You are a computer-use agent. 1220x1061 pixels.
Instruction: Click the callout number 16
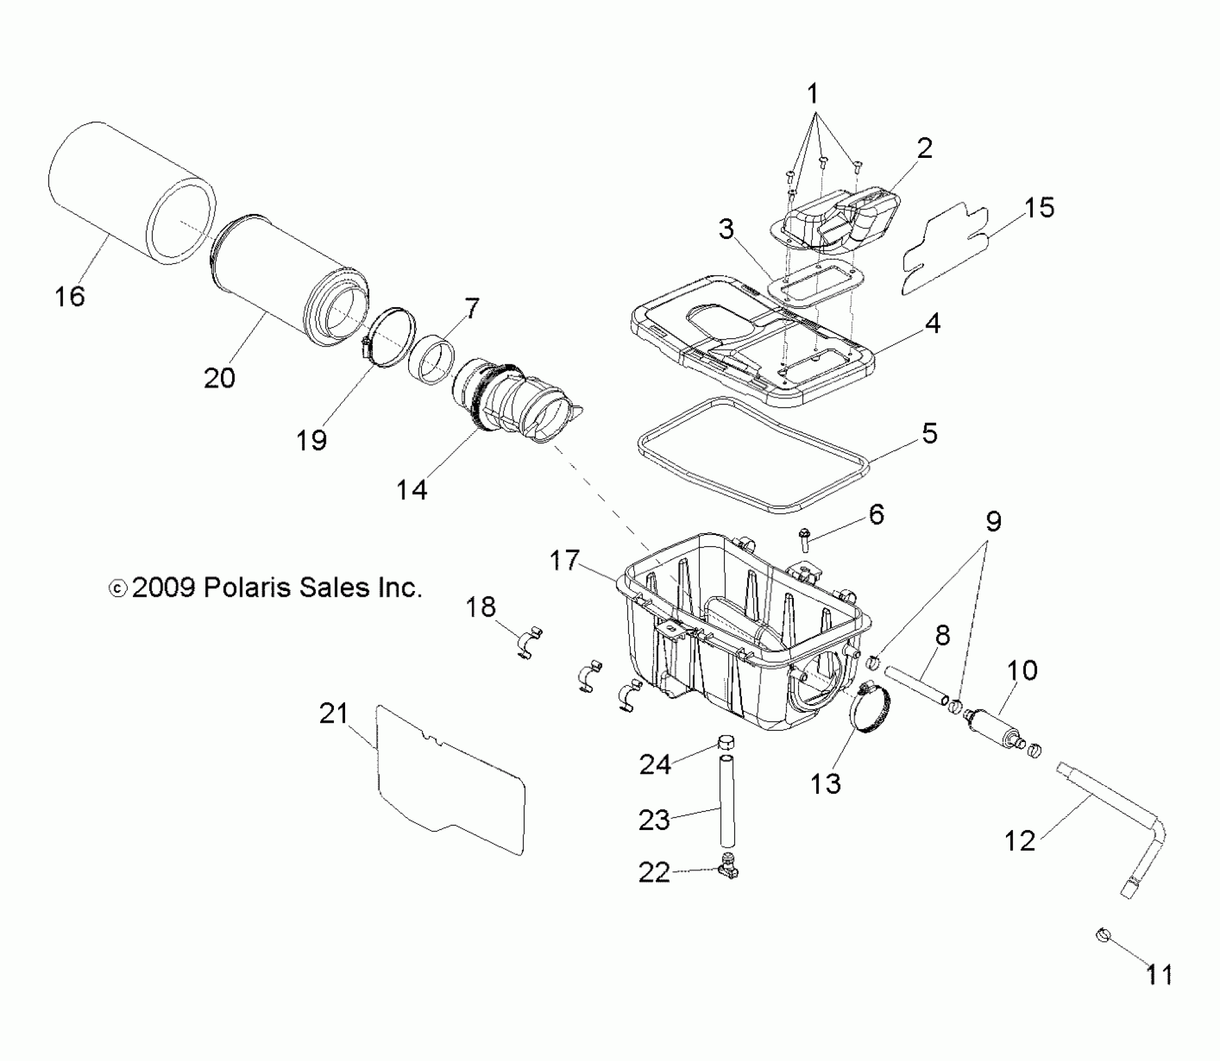click(69, 296)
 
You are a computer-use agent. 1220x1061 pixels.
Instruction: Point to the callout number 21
click(334, 713)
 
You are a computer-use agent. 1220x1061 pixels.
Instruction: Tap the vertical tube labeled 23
click(726, 800)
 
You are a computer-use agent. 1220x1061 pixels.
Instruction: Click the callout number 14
click(412, 490)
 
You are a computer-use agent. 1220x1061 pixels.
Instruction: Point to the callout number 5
click(929, 433)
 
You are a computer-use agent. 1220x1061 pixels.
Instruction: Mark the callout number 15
click(1039, 207)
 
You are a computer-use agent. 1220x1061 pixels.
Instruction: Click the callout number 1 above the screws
click(813, 94)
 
